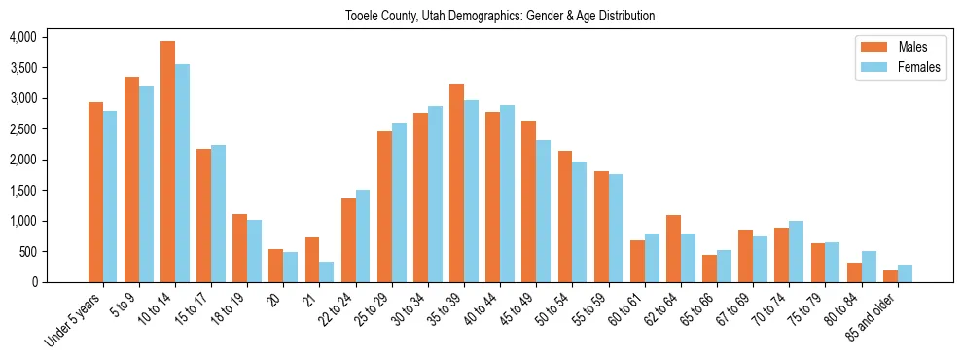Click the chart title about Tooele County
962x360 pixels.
pos(500,16)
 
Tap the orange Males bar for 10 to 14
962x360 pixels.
pos(167,162)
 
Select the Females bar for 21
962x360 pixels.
pos(327,271)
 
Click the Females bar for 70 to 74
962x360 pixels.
pos(797,251)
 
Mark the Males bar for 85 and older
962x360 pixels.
pos(890,276)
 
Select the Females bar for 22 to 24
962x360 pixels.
pos(363,235)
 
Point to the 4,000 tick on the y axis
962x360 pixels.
pos(22,37)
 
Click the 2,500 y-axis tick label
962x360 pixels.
pos(22,128)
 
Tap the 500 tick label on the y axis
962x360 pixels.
pos(27,251)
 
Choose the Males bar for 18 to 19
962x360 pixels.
pos(239,248)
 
